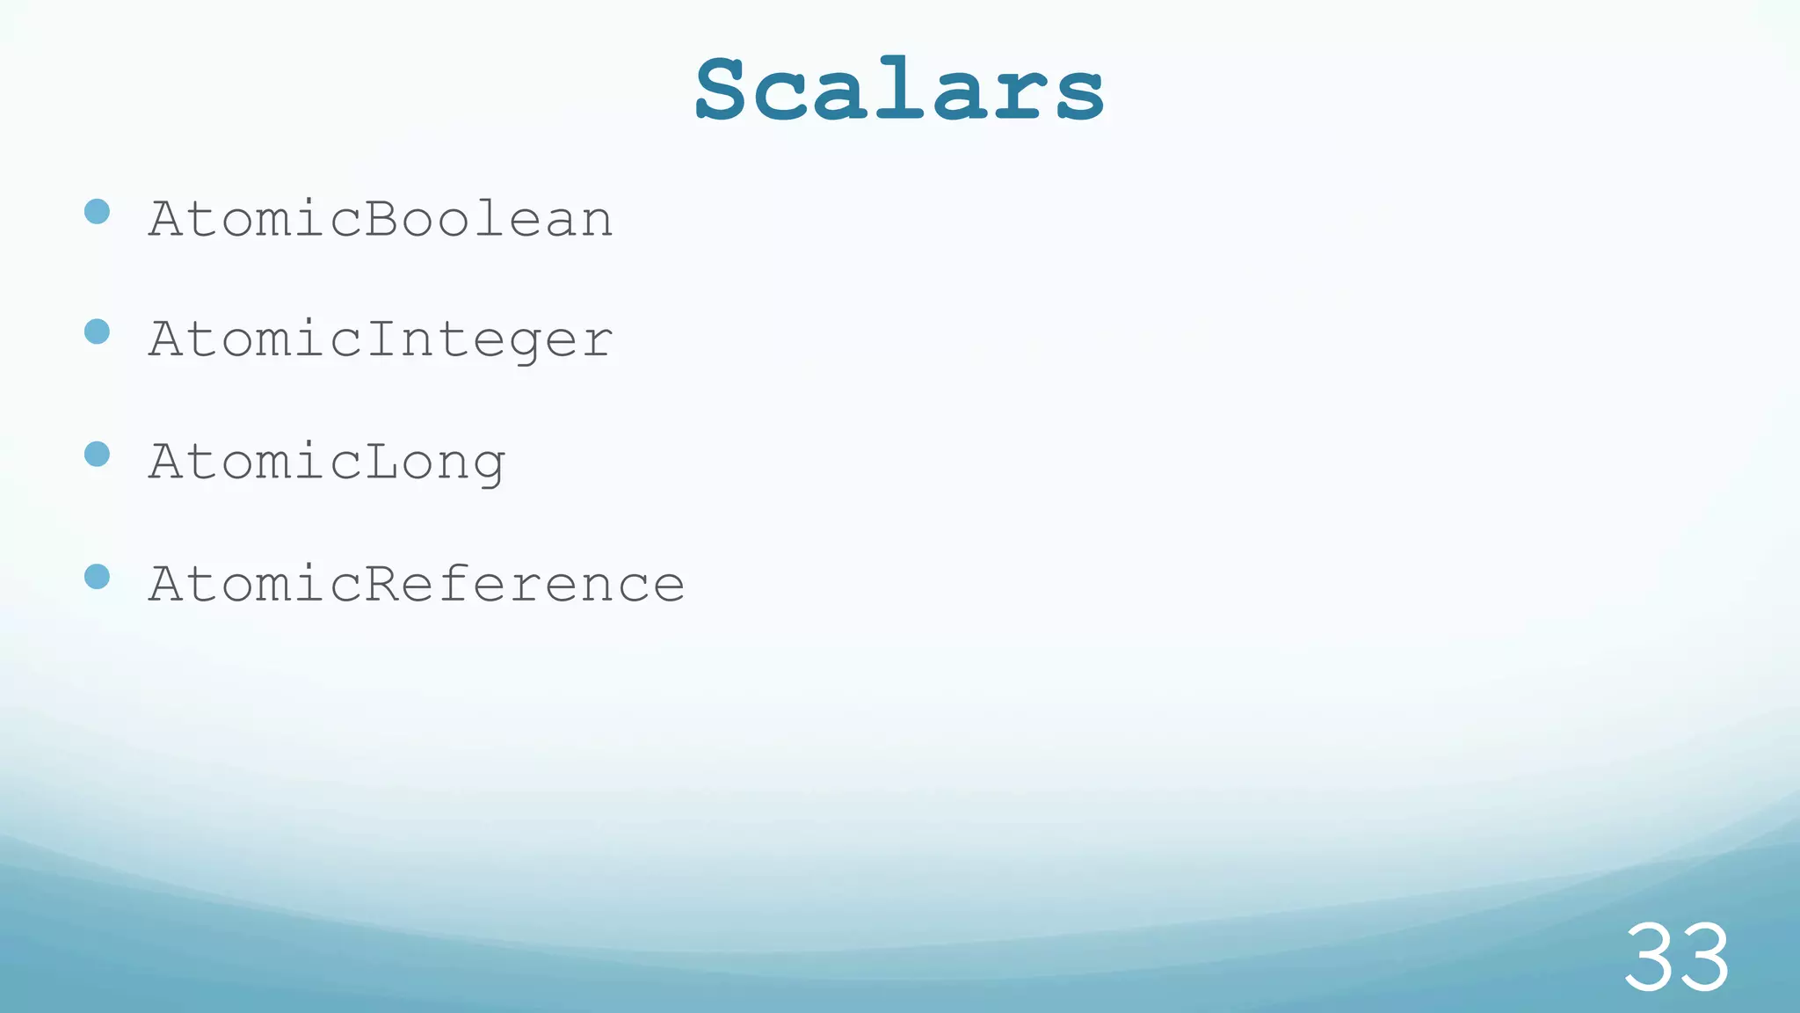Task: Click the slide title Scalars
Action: tap(899, 89)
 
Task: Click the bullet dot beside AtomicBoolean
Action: tap(97, 211)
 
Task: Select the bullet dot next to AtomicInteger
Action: tap(97, 332)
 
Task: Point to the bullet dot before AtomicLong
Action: tap(97, 454)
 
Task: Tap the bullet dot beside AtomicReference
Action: tap(97, 576)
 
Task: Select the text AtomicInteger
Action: tap(381, 339)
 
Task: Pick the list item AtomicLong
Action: tap(327, 462)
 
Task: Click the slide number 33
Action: tap(1676, 958)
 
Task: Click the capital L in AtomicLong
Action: tap(381, 461)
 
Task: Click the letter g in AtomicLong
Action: tap(489, 468)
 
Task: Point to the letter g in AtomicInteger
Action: tap(525, 346)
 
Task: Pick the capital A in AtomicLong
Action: tap(166, 461)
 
